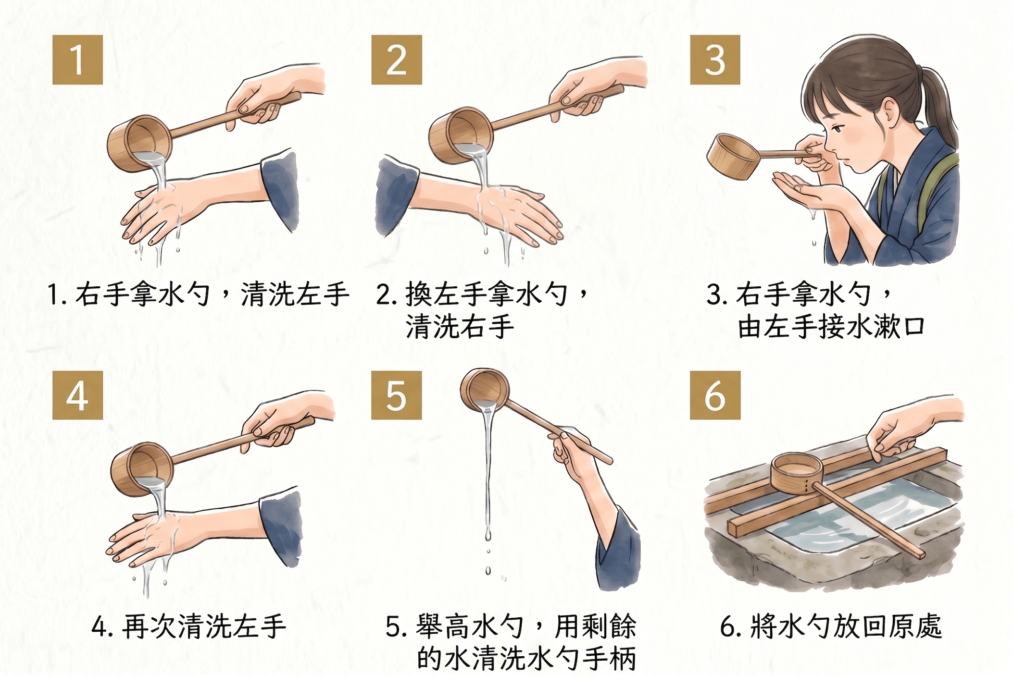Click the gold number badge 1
[77, 60]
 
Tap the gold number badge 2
[396, 60]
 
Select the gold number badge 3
[715, 60]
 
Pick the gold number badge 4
[77, 395]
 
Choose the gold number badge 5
[396, 395]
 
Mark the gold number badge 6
[715, 395]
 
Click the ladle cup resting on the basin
[796, 474]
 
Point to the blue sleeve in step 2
[396, 197]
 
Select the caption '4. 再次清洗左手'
[189, 626]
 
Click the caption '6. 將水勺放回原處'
[831, 626]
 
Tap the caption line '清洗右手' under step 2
[460, 327]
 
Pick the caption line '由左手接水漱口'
[831, 327]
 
